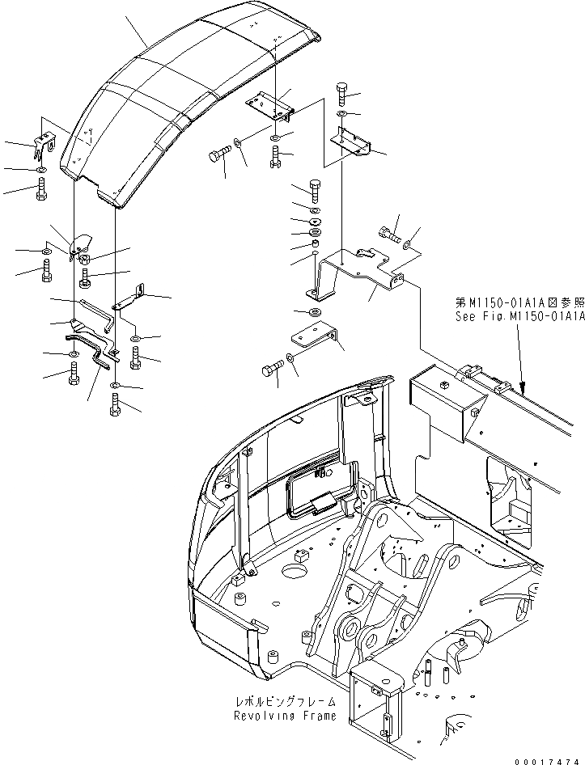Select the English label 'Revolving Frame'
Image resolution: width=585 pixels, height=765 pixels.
tap(276, 716)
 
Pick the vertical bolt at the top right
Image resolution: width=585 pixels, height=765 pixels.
tap(343, 95)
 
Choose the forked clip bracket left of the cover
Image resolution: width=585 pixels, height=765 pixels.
tap(43, 146)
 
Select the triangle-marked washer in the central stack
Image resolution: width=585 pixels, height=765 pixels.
tap(315, 222)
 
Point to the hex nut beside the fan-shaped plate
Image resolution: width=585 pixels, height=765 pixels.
tap(87, 259)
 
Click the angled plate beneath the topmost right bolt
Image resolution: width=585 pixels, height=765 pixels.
tap(352, 142)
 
